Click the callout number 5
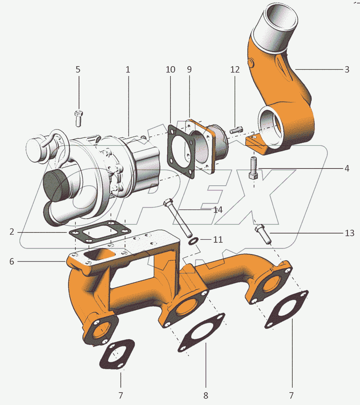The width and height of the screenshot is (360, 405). [x=78, y=69]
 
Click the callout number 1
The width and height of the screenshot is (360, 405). [x=128, y=69]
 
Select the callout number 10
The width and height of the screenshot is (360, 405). [x=170, y=69]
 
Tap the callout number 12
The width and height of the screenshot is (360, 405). [x=235, y=69]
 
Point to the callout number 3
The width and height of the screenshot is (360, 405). [x=347, y=69]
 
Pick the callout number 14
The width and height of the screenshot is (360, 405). [x=218, y=210]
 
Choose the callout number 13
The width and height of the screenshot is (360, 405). [x=350, y=233]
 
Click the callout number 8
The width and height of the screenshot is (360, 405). [x=206, y=395]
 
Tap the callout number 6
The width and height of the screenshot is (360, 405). [x=12, y=262]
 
